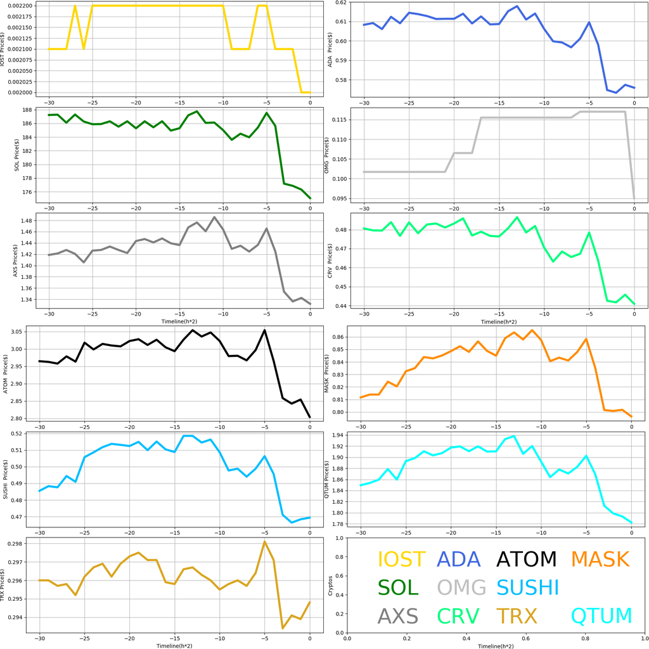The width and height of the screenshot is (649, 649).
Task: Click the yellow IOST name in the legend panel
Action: click(401, 559)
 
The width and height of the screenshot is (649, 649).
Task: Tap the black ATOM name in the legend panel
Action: click(526, 559)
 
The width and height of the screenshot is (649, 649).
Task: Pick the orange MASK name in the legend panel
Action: click(600, 559)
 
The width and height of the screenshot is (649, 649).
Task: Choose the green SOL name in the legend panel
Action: click(398, 588)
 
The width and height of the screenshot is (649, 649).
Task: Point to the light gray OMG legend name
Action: click(462, 588)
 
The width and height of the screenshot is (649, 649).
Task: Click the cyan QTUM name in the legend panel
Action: click(601, 615)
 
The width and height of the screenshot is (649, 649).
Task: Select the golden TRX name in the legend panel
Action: click(517, 615)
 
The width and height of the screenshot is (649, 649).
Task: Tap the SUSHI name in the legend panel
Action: click(527, 588)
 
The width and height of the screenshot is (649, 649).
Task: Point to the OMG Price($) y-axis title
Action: click(326, 155)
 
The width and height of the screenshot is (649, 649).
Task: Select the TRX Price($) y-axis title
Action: click(5, 581)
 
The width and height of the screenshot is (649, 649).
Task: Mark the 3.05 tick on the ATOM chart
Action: click(18, 331)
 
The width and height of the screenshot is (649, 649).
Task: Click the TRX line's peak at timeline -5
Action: click(265, 541)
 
